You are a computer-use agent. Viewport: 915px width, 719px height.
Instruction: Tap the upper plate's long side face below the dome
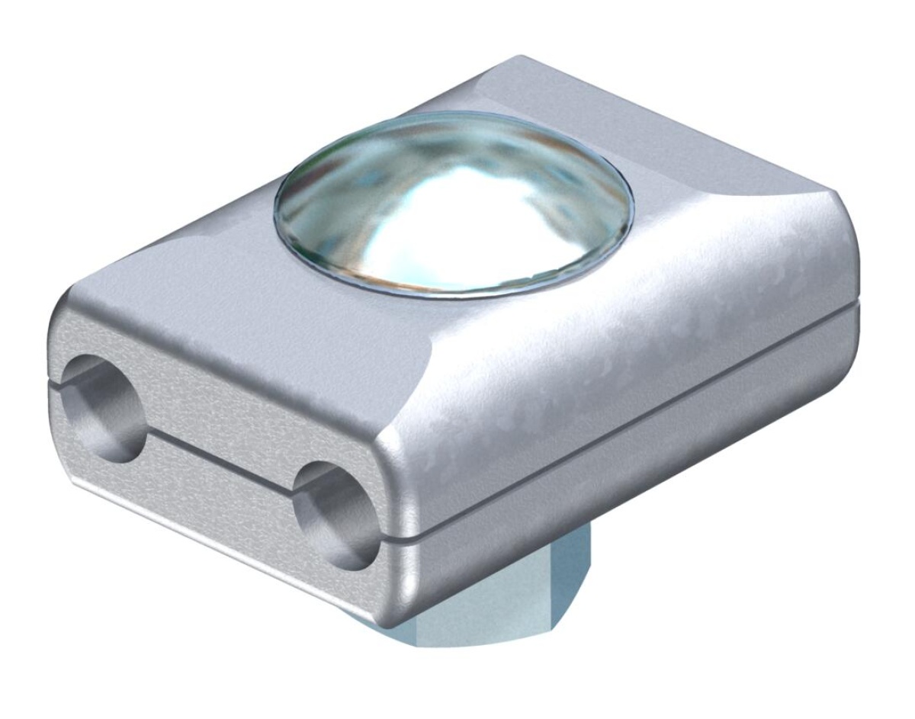click(610, 351)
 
